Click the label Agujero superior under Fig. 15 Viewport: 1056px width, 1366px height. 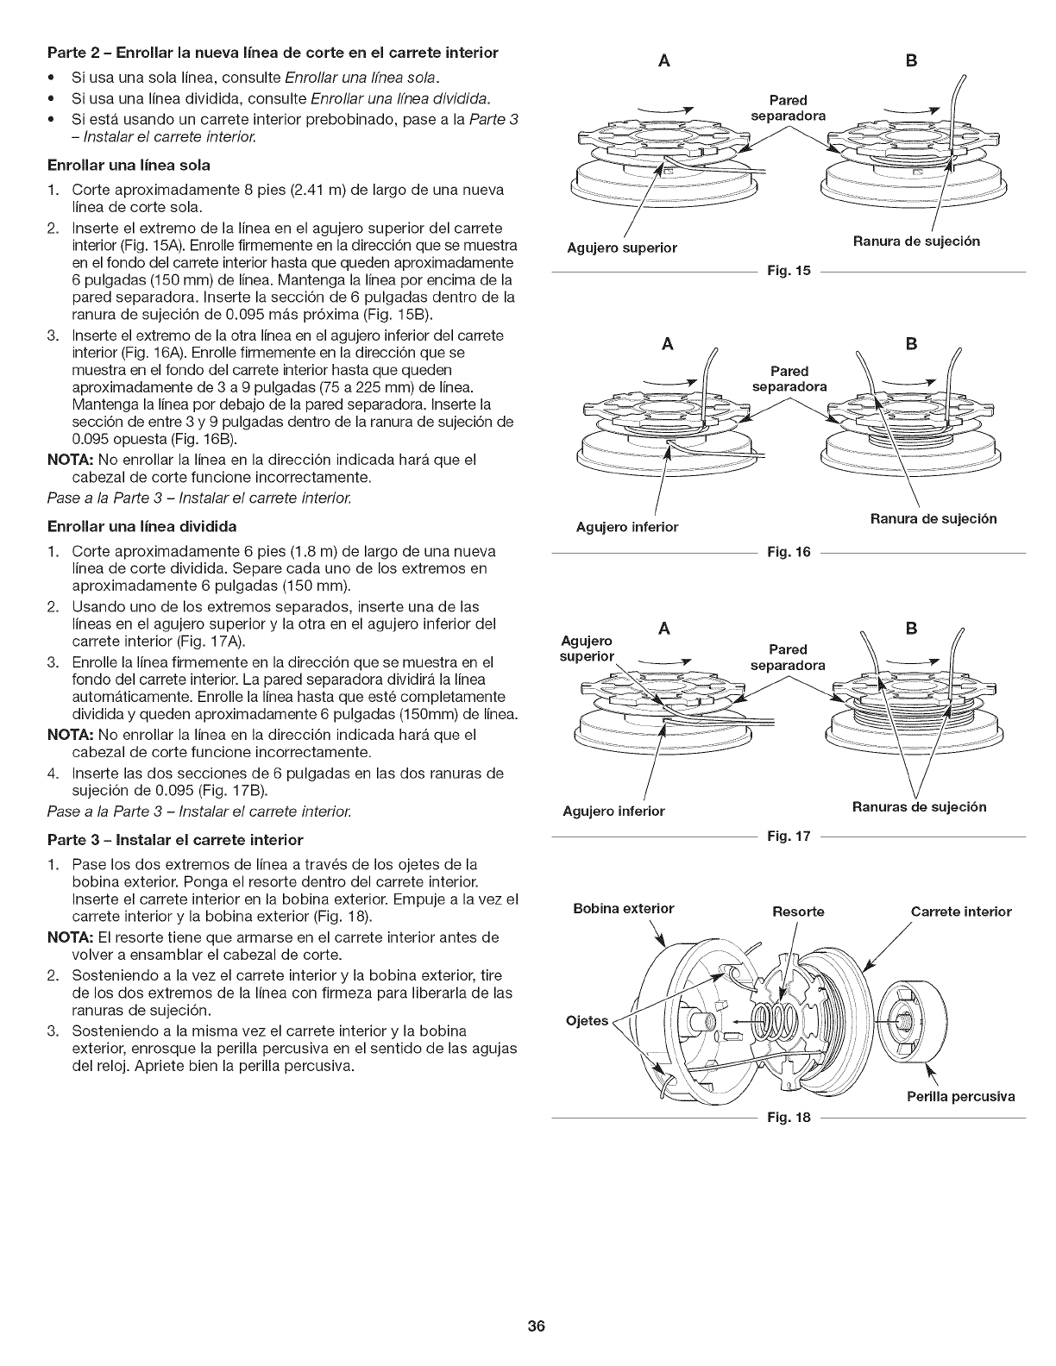pyautogui.click(x=621, y=248)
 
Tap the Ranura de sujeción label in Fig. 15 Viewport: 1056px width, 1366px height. pyautogui.click(x=916, y=241)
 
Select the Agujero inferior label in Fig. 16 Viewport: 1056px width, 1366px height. pyautogui.click(x=627, y=527)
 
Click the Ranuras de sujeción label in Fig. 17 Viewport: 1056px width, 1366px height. pyautogui.click(x=919, y=807)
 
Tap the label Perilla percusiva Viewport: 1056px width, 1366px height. pyautogui.click(x=960, y=1097)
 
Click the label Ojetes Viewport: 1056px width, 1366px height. pyautogui.click(x=587, y=1021)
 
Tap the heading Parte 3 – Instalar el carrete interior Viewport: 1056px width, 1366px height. pyautogui.click(x=186, y=839)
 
